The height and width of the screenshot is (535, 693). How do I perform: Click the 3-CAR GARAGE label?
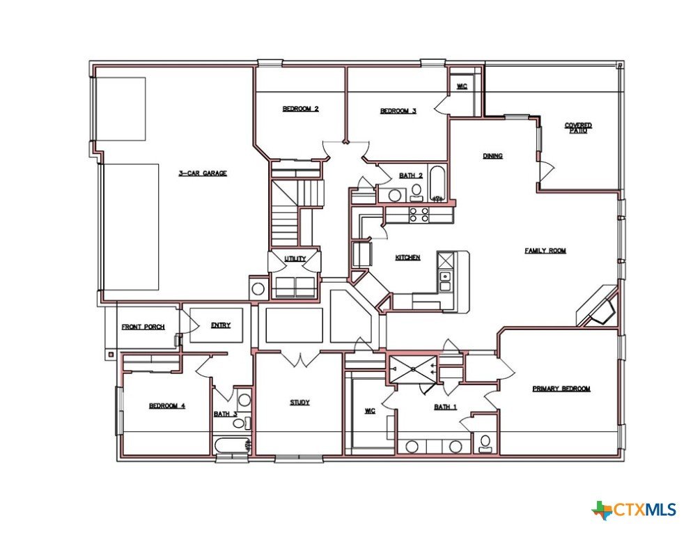203,173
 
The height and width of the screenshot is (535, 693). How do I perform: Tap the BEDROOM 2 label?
301,109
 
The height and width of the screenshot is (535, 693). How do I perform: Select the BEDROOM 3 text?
398,111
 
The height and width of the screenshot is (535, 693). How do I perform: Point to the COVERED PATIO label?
578,127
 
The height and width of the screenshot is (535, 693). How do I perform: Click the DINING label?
492,156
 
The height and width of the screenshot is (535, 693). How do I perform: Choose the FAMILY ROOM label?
545,251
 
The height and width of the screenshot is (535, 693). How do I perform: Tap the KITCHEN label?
407,257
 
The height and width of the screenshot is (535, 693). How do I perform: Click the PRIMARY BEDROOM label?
561,389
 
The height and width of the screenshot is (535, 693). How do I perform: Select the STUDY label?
299,403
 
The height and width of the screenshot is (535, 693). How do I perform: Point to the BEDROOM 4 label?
166,406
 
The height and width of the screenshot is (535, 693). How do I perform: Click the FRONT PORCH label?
143,327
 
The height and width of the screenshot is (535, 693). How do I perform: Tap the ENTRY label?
221,325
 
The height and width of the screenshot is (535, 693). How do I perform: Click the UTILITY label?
295,258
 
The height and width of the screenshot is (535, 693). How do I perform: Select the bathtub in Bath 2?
437,184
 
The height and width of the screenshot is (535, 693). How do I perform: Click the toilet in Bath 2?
416,192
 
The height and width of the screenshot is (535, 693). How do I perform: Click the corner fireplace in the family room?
598,307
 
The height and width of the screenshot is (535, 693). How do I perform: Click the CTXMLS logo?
634,510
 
